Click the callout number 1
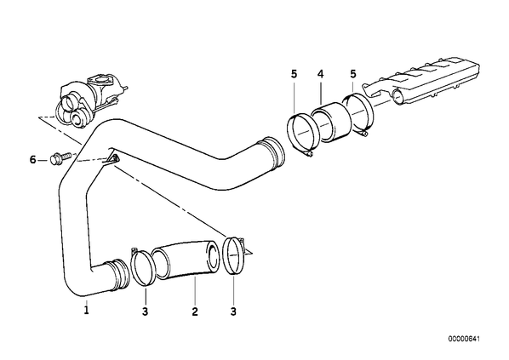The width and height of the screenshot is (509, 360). tap(86, 311)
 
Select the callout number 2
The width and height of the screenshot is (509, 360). tap(195, 311)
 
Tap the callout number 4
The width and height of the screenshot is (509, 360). tap(320, 74)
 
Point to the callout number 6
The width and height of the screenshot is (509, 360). tap(33, 160)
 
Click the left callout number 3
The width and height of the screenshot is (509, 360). tap(145, 311)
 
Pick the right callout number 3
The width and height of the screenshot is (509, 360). tap(233, 311)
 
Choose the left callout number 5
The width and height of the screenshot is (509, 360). tap(294, 74)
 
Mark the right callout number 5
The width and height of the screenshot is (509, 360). tap(353, 74)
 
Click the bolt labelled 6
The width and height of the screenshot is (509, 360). tap(60, 158)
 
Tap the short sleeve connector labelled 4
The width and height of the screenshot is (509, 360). tap(331, 123)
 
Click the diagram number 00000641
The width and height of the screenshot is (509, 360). tap(464, 339)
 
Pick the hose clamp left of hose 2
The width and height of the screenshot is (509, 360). tap(142, 267)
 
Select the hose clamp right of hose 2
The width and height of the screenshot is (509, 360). tap(234, 256)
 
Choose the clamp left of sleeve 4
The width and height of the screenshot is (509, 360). tap(302, 134)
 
